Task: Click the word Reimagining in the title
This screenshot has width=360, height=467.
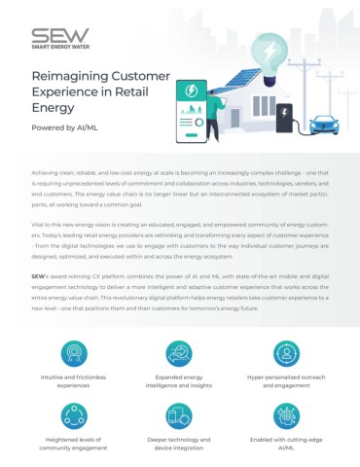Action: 65,75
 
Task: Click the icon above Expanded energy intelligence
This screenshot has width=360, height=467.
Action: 179,352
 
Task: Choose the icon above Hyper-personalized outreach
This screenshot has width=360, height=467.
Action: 286,352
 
